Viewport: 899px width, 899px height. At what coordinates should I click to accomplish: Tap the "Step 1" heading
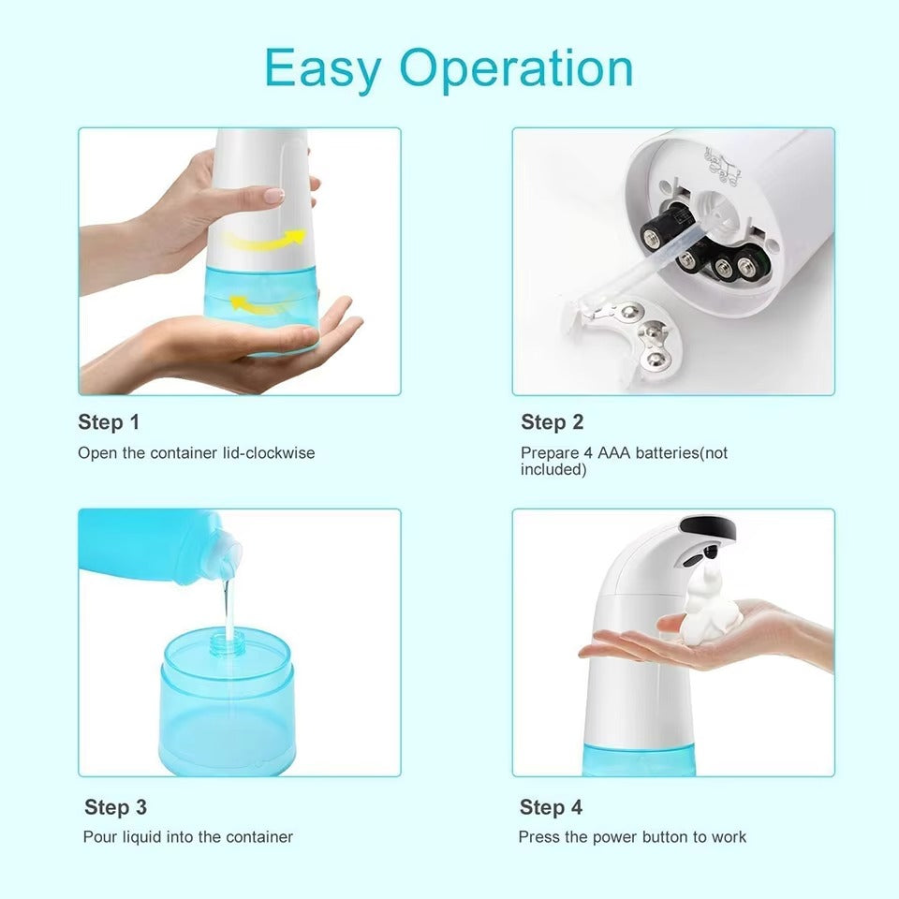pos(109,422)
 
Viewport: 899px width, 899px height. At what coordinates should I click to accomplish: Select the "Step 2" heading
pos(553,422)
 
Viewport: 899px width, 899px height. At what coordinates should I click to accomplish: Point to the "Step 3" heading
pos(116,807)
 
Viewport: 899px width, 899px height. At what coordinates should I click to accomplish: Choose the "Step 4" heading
pos(551,807)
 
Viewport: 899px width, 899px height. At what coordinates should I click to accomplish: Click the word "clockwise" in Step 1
pos(280,453)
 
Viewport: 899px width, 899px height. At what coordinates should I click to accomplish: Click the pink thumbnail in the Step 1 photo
pos(272,196)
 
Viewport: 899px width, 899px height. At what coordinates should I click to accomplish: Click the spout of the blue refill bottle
pos(227,553)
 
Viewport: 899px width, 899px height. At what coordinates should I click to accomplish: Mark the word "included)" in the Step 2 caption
pos(553,469)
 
